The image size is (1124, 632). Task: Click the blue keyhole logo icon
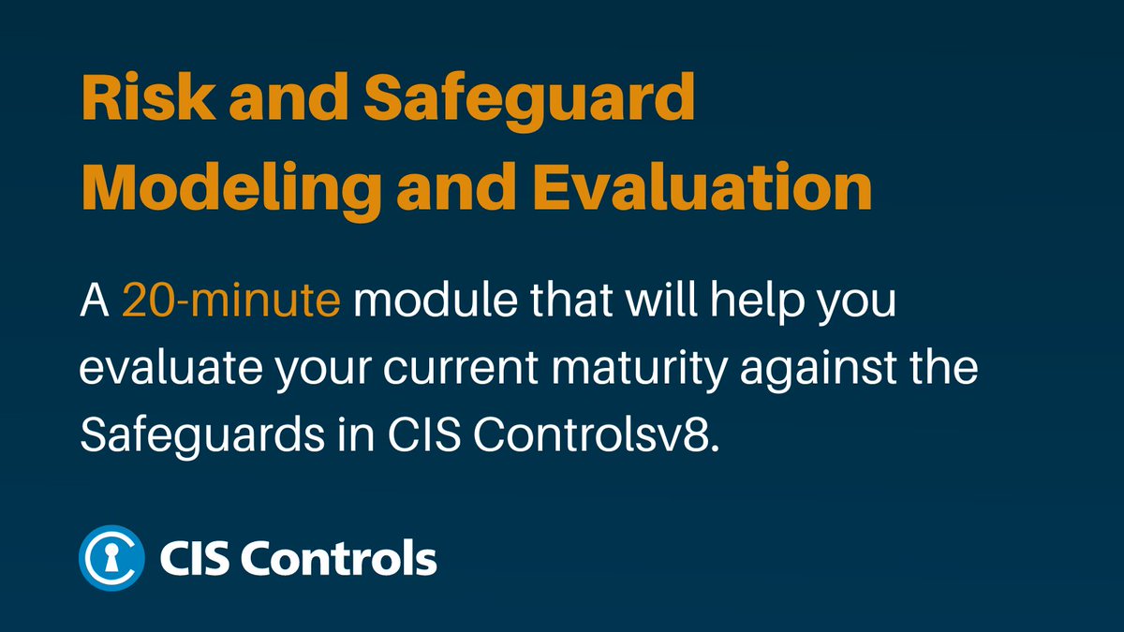[111, 559]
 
